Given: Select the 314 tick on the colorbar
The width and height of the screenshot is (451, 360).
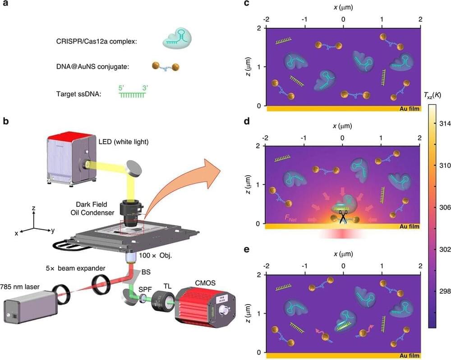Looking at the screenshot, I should tap(445, 123).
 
